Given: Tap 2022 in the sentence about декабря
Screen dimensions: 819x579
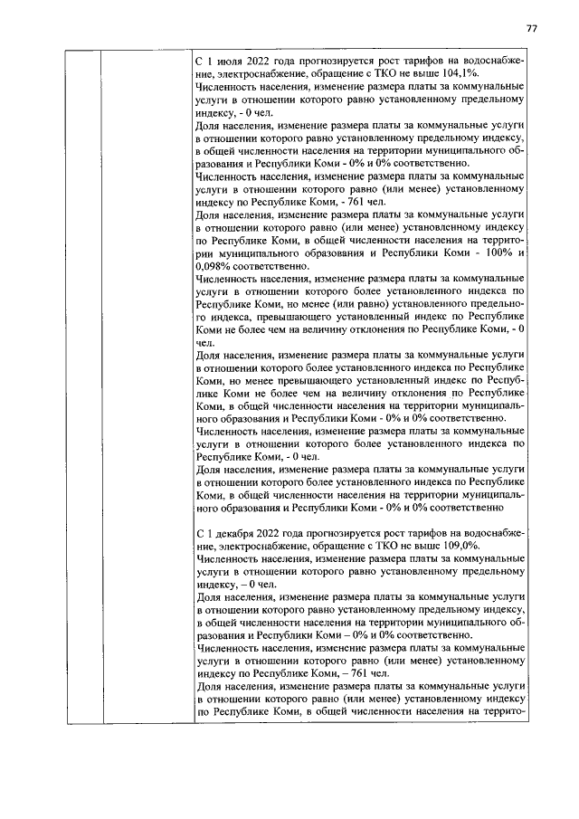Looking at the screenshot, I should (x=292, y=533).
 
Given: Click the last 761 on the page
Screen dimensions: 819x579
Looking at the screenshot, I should (x=357, y=674).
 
